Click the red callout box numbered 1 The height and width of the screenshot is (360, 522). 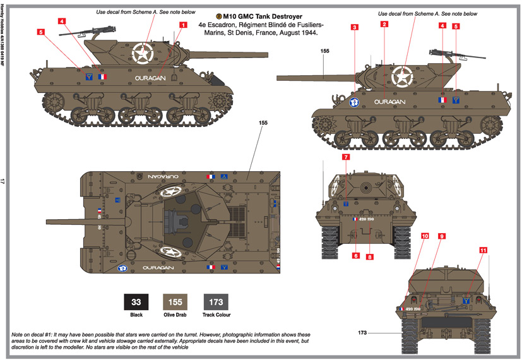[183, 25]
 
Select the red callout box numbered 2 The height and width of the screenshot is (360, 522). [384, 25]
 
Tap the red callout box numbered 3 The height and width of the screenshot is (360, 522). [355, 27]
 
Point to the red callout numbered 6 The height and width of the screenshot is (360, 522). [356, 255]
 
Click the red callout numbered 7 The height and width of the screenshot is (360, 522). [346, 156]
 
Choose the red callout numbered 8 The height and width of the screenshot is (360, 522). [370, 256]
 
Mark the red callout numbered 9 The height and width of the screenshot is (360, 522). [442, 236]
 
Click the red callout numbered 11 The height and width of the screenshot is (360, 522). [483, 250]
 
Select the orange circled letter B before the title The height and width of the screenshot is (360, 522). [219, 15]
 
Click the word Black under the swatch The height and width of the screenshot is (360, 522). [134, 315]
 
